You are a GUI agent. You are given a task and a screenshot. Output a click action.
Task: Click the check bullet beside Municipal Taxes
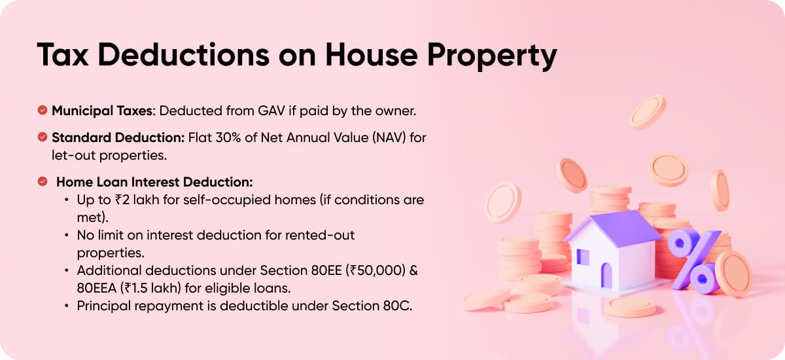[43, 111]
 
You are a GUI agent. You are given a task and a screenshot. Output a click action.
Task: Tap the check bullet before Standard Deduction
[43, 137]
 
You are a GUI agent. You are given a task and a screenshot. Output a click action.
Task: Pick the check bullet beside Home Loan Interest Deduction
[43, 181]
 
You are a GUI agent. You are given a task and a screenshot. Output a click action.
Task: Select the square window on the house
[582, 257]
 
